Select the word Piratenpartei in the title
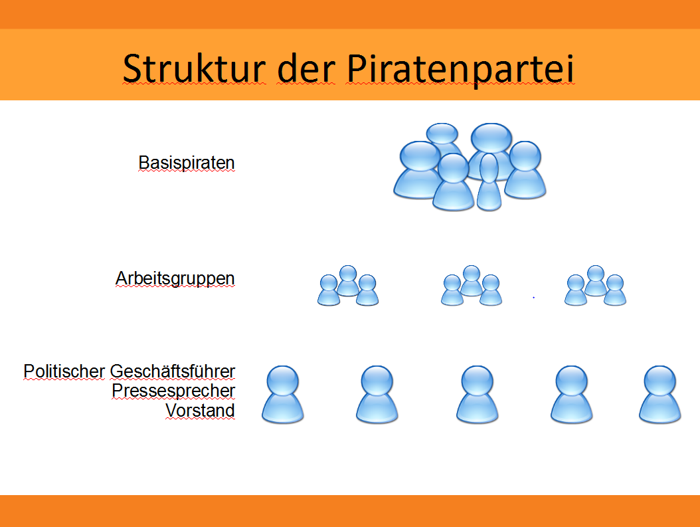[460, 70]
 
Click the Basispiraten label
[186, 163]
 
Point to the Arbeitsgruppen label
[175, 278]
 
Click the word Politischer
[64, 371]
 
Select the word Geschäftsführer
[172, 371]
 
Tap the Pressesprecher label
[173, 391]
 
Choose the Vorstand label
[200, 411]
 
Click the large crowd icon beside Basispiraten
[469, 167]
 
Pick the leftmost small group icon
[348, 286]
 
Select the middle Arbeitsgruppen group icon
[472, 286]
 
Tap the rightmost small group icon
[595, 286]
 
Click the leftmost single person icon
[282, 394]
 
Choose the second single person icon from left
[377, 394]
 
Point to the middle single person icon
[478, 394]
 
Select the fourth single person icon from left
[571, 394]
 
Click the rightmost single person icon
[660, 394]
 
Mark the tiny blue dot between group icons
[533, 297]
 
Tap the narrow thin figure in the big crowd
[489, 182]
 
